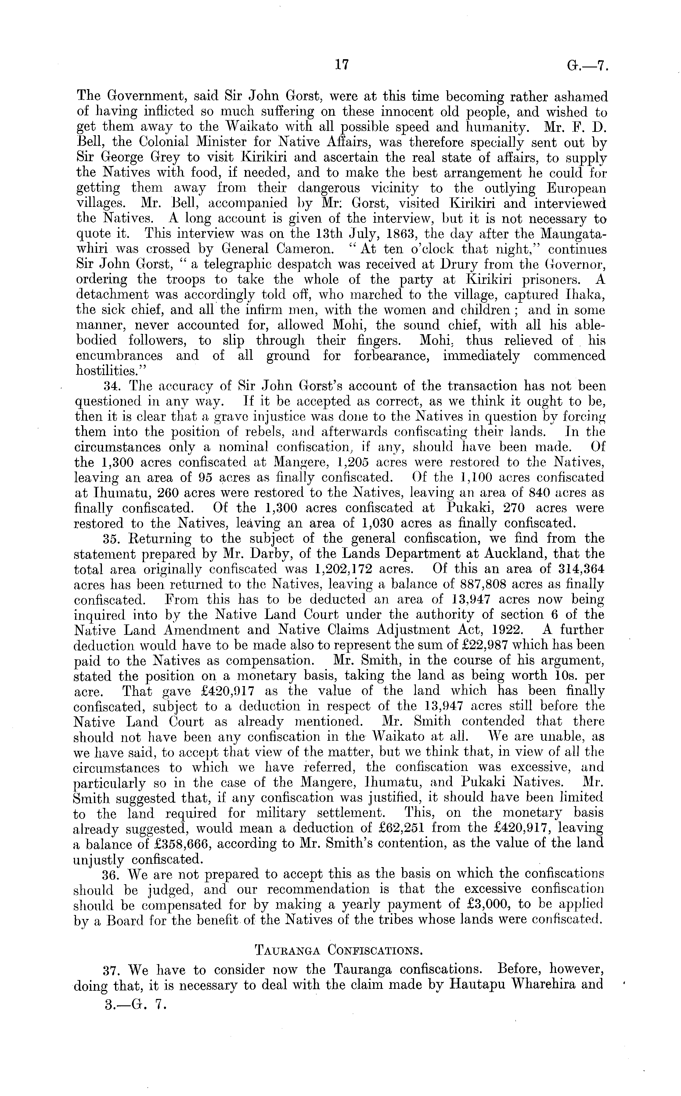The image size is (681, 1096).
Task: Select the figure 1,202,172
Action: [x=344, y=569]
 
